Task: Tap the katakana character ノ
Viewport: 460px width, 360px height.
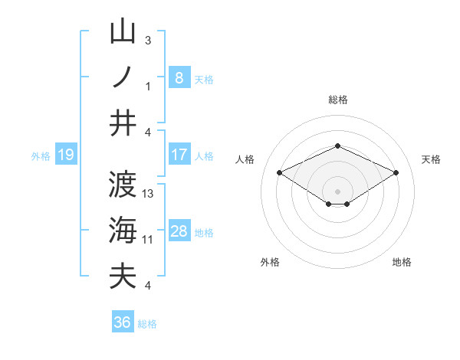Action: (x=123, y=77)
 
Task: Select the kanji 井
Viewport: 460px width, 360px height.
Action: (x=123, y=123)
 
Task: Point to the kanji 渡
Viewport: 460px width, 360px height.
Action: (x=123, y=185)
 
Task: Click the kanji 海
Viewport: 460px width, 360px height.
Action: (x=123, y=230)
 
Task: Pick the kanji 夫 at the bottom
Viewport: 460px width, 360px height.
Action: (x=123, y=276)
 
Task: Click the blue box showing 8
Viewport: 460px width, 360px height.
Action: (x=179, y=77)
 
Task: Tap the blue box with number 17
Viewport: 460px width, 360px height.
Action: (x=179, y=155)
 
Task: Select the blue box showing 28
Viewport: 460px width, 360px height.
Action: (x=179, y=231)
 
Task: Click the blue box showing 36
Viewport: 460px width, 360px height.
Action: (x=123, y=322)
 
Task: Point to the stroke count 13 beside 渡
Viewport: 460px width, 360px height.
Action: (x=149, y=194)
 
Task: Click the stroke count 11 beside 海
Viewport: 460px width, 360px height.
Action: (x=148, y=240)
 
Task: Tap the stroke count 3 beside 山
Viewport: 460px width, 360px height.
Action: (x=148, y=40)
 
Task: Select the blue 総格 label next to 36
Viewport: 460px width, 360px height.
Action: (x=147, y=324)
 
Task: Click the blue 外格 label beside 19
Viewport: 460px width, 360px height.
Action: (x=41, y=156)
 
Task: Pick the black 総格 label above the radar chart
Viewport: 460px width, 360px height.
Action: (x=337, y=100)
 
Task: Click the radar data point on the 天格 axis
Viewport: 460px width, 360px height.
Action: (x=396, y=173)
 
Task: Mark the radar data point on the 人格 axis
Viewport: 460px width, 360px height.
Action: (x=280, y=173)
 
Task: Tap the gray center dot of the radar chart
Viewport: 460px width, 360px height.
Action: (x=337, y=190)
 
